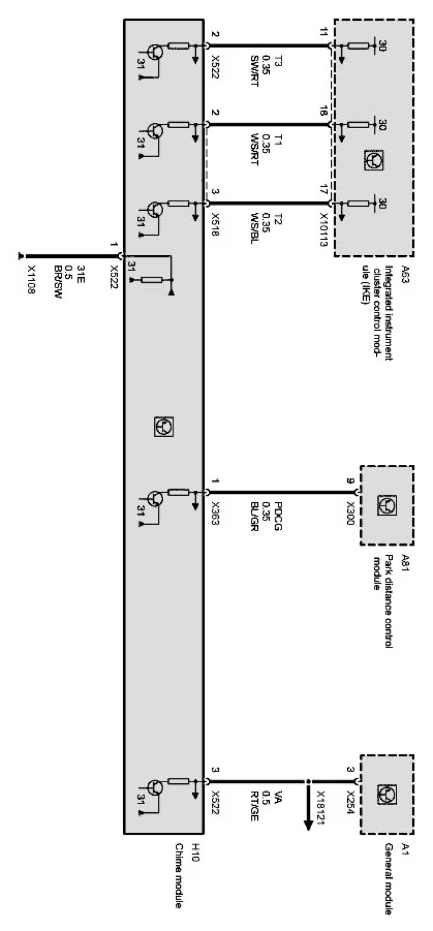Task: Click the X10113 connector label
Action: pos(324,229)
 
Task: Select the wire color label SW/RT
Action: pos(255,67)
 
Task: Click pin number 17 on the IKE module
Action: pos(323,191)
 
